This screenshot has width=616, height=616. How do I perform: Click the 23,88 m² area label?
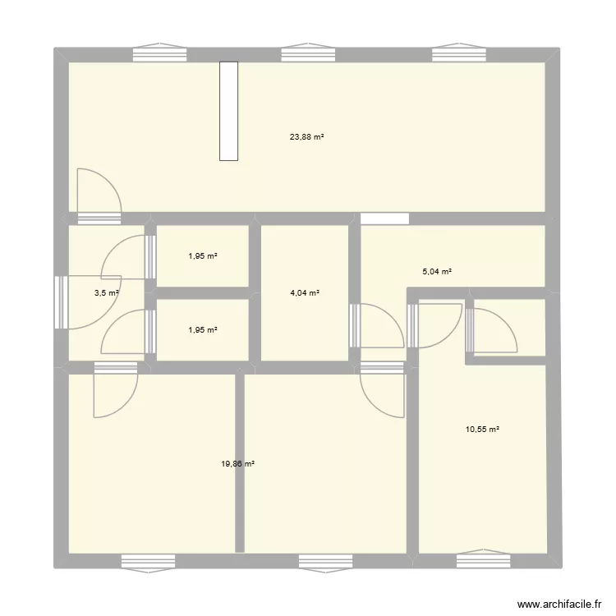[306, 137]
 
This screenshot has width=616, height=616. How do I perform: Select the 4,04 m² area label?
[305, 292]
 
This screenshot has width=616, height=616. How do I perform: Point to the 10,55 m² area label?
[483, 429]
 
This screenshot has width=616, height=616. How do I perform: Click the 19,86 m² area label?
[237, 464]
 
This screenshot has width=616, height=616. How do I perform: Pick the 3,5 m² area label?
[107, 292]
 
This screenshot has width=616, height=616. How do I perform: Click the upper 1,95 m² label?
[202, 255]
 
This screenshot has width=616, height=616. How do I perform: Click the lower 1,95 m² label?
[202, 329]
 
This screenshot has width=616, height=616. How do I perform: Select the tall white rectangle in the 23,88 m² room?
[229, 111]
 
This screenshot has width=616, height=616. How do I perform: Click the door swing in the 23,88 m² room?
[99, 191]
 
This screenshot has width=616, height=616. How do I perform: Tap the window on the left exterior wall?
[59, 301]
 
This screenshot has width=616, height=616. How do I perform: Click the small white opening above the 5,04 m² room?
[384, 218]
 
